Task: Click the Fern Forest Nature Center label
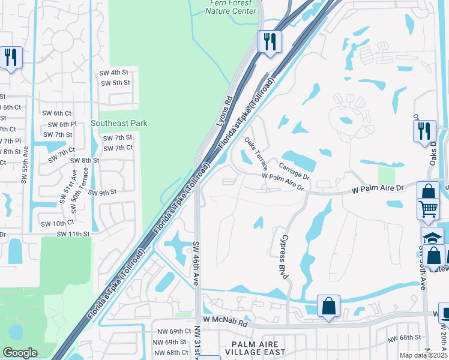[232, 7]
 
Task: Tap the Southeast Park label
[119, 123]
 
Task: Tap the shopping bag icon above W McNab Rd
[328, 305]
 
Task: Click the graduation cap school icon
[432, 238]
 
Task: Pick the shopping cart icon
[428, 209]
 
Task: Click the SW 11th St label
[74, 234]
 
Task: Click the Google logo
[20, 353]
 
